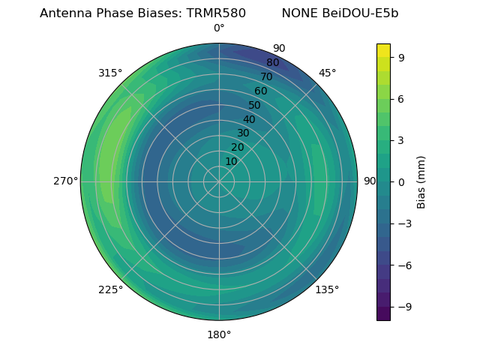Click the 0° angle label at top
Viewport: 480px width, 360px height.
[x=219, y=28]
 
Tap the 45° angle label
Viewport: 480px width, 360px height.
[x=327, y=73]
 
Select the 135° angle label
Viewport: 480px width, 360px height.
[x=327, y=289]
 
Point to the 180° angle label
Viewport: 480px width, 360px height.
[x=219, y=334]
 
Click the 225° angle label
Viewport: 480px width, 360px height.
[x=110, y=289]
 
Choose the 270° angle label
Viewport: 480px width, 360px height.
[x=65, y=181]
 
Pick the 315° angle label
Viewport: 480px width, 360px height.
[x=110, y=73]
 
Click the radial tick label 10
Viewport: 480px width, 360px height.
[x=231, y=161]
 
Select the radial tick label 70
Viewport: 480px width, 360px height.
[x=266, y=76]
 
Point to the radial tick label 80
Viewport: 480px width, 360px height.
[x=272, y=63]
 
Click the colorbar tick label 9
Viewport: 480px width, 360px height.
[x=402, y=57]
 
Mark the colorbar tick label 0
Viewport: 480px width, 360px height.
[x=402, y=181]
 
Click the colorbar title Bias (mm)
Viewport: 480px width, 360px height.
[x=421, y=181]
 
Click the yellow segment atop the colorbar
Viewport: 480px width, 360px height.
[x=383, y=50]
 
